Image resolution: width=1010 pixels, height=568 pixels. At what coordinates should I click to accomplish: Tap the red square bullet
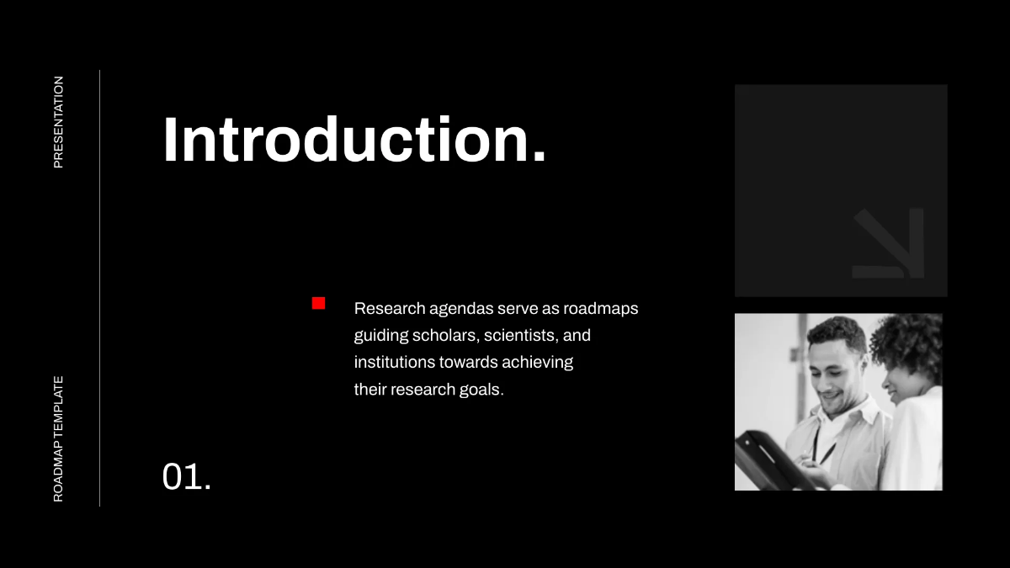pyautogui.click(x=318, y=303)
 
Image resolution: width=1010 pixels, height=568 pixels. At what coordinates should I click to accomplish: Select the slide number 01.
pyautogui.click(x=186, y=476)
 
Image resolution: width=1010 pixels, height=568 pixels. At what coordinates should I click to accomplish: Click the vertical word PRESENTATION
pyautogui.click(x=58, y=122)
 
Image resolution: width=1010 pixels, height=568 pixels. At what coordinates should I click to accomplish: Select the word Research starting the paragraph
pyautogui.click(x=390, y=308)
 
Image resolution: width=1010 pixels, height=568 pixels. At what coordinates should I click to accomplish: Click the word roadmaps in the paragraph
pyautogui.click(x=601, y=310)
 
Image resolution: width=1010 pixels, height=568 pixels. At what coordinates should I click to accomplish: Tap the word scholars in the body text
pyautogui.click(x=445, y=336)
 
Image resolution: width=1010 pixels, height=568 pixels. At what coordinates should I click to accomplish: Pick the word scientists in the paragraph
pyautogui.click(x=521, y=336)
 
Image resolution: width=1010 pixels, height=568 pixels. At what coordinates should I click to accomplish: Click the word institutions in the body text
pyautogui.click(x=394, y=362)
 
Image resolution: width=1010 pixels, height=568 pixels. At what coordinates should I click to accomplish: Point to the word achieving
pyautogui.click(x=538, y=363)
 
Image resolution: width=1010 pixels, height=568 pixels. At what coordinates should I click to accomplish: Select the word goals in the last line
pyautogui.click(x=481, y=390)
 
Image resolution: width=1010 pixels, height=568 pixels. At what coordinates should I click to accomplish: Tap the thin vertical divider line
pyautogui.click(x=99, y=288)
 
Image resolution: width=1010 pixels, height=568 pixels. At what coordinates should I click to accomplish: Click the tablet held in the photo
pyautogui.click(x=774, y=462)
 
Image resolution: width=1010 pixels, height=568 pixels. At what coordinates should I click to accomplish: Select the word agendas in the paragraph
pyautogui.click(x=461, y=310)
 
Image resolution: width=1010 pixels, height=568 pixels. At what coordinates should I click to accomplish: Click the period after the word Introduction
pyautogui.click(x=540, y=156)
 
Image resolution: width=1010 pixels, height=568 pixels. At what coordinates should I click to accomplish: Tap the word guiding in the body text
pyautogui.click(x=380, y=337)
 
